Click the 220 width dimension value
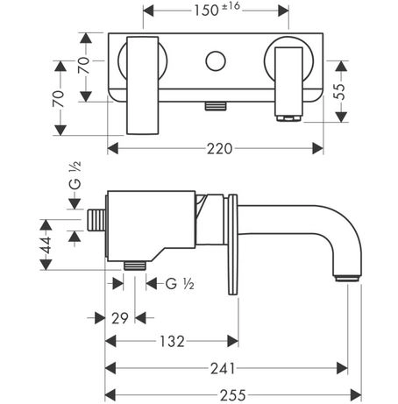click(x=219, y=149)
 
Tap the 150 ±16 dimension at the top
click(x=217, y=10)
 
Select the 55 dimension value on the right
click(x=340, y=91)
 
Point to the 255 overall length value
click(x=233, y=395)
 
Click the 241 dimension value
click(x=223, y=369)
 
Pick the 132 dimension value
click(x=172, y=342)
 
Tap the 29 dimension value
click(x=120, y=318)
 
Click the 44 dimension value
click(x=46, y=245)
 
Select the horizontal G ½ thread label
click(x=180, y=284)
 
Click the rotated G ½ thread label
click(x=75, y=175)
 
